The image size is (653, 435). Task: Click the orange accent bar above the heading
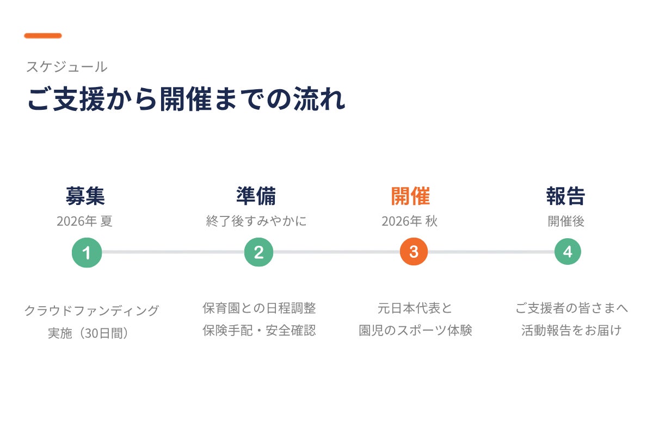coord(43,35)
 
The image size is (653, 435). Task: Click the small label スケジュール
coord(67,67)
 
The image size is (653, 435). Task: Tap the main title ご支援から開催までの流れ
coord(186,99)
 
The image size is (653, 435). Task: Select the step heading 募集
coord(85,196)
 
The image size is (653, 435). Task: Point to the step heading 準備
coord(256,196)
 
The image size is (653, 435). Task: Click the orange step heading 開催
coord(410,196)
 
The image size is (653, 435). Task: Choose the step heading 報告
coord(565,196)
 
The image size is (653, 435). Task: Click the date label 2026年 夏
coord(84,221)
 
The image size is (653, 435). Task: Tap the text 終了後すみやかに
coord(256,221)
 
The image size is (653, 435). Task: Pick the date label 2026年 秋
coord(410,221)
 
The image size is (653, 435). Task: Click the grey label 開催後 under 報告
coord(566,221)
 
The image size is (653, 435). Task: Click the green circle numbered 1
coord(87,252)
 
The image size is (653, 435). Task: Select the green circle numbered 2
coord(258,252)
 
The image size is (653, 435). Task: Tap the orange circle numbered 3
coord(414,251)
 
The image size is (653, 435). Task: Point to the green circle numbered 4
coord(568,251)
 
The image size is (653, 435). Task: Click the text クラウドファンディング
coord(92,310)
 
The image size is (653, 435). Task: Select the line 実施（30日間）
coord(88,333)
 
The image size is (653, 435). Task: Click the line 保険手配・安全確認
coord(259,331)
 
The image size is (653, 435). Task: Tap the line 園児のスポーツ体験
coord(415,331)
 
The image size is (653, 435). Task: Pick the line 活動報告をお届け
coord(571,331)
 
